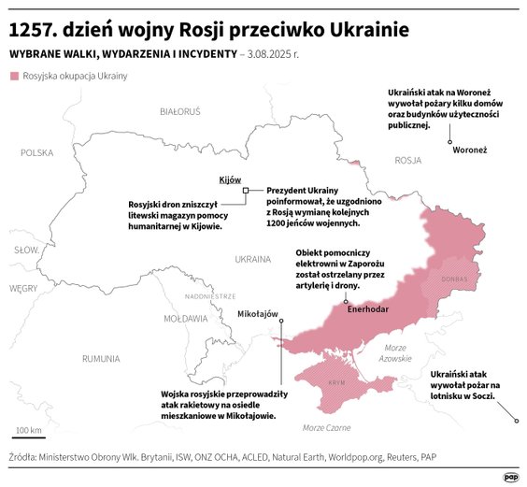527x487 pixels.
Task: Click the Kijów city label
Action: pyautogui.click(x=230, y=179)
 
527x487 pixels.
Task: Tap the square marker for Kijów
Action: pyautogui.click(x=245, y=191)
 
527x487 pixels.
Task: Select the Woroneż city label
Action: pyautogui.click(x=469, y=150)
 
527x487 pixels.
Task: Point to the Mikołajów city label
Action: pyautogui.click(x=259, y=314)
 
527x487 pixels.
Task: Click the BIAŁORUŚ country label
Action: pyautogui.click(x=180, y=111)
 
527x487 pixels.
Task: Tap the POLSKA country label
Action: pyautogui.click(x=38, y=152)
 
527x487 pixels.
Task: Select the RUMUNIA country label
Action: pyautogui.click(x=101, y=358)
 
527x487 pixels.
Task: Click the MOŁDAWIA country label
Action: pyautogui.click(x=186, y=319)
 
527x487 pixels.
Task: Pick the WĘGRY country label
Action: pyautogui.click(x=22, y=289)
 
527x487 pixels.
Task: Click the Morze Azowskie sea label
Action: pyautogui.click(x=395, y=353)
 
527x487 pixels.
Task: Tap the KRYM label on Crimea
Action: pyautogui.click(x=336, y=384)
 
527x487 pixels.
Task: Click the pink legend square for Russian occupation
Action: pyautogui.click(x=14, y=75)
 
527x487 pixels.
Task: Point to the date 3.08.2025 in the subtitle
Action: pyautogui.click(x=271, y=54)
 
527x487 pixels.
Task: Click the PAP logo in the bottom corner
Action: pyautogui.click(x=510, y=476)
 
